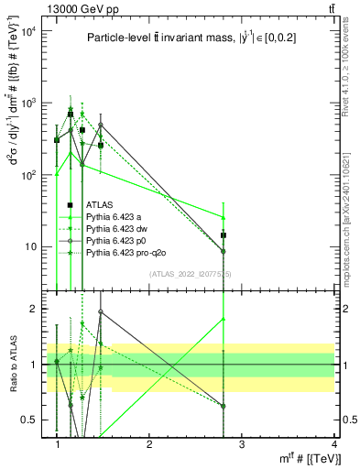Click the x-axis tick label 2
tap(149, 443)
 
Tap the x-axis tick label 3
tap(242, 443)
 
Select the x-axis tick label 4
tap(334, 443)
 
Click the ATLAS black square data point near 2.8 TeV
tap(224, 235)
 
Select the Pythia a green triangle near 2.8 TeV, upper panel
tap(224, 217)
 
